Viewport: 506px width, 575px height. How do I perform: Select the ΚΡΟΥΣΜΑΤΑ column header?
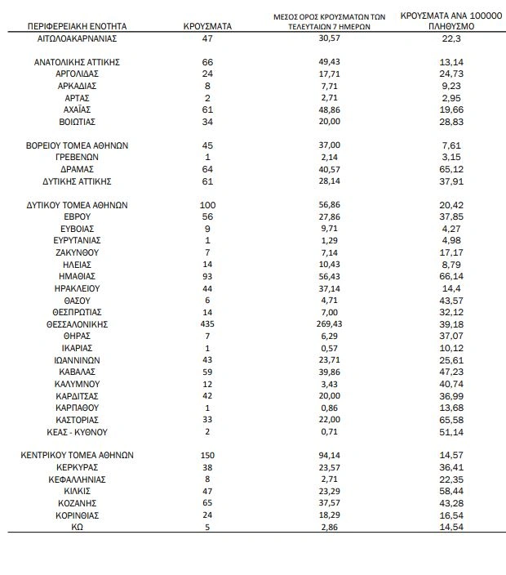coord(208,26)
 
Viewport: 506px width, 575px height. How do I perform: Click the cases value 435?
coord(208,324)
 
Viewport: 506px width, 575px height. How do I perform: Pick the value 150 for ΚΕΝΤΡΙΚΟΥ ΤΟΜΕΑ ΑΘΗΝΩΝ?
coord(208,456)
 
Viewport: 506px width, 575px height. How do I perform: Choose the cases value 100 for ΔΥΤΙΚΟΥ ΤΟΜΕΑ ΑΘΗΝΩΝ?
coord(208,205)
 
